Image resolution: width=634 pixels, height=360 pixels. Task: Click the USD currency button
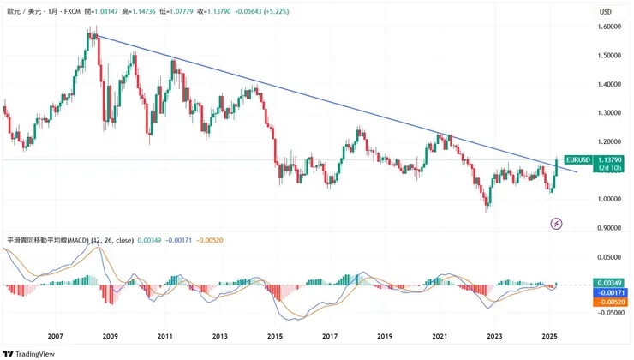[x=606, y=11]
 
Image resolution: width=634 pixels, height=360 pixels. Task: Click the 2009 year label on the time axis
[x=111, y=337]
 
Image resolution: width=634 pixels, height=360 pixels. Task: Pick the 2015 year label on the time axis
[x=275, y=337]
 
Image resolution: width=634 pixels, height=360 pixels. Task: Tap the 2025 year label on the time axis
[x=549, y=337]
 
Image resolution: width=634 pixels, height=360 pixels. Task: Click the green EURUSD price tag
[x=579, y=160]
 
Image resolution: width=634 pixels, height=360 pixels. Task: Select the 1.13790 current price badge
[x=610, y=159]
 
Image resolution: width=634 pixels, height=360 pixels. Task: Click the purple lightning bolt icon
[x=557, y=224]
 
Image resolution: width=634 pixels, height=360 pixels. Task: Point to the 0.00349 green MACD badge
[x=610, y=283]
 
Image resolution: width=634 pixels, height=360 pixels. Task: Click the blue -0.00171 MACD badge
[x=610, y=292]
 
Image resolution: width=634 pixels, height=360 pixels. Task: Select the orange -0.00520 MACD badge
[x=610, y=302]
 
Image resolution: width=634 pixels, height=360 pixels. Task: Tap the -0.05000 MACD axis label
[x=607, y=314]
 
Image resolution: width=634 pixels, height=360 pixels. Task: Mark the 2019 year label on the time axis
[x=385, y=337]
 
